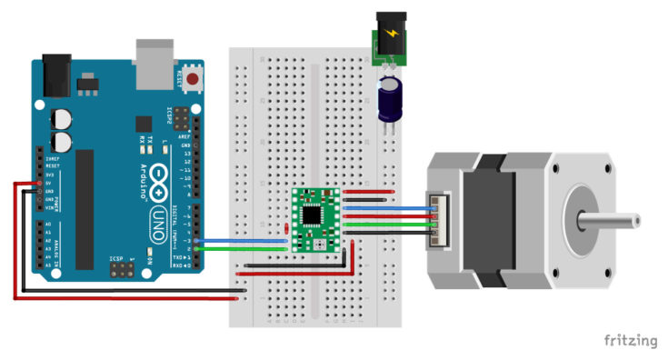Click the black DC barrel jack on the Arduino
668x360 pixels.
[x=55, y=73]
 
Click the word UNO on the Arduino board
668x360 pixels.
[x=156, y=217]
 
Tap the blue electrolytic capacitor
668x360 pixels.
[x=391, y=98]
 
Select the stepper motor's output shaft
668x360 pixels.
[x=618, y=219]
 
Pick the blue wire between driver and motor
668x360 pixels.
[x=382, y=208]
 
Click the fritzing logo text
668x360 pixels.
[x=630, y=341]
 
